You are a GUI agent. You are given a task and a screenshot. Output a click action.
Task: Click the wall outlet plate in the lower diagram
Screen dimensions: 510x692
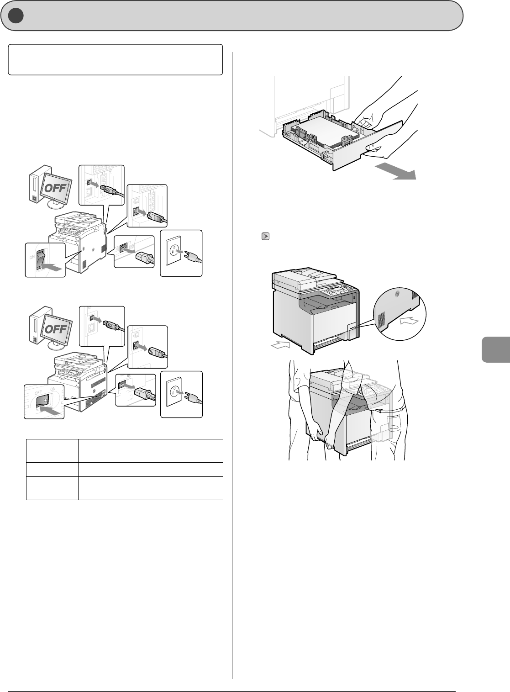click(181, 394)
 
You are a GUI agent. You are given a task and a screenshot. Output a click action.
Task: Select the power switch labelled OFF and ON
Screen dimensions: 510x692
click(43, 399)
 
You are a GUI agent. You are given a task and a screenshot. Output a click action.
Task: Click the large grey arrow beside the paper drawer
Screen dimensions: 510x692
click(395, 172)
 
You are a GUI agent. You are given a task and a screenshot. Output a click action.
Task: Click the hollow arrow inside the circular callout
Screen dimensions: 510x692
click(408, 322)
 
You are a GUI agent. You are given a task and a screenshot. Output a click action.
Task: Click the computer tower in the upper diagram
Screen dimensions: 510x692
click(36, 183)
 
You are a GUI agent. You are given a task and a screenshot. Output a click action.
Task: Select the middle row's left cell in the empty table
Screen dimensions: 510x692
click(52, 470)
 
